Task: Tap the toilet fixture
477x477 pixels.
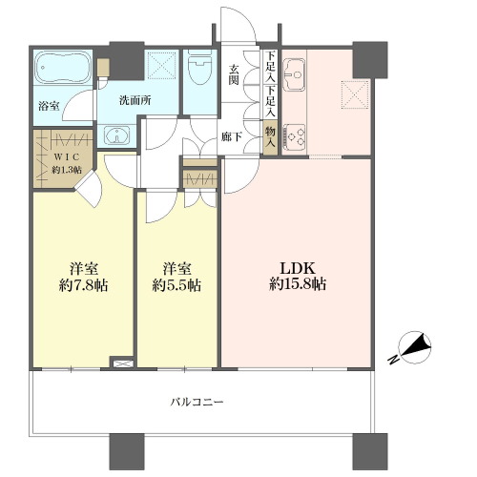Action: (x=200, y=67)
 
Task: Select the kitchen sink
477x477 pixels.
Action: (x=295, y=74)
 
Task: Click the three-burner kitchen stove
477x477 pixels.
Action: (x=295, y=136)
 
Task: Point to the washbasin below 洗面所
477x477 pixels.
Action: (x=117, y=135)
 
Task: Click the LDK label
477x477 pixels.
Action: (x=298, y=269)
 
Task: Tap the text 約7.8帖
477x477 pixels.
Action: (x=83, y=285)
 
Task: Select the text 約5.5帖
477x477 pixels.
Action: (x=176, y=285)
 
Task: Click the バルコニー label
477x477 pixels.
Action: (x=197, y=403)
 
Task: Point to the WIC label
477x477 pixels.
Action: (x=67, y=156)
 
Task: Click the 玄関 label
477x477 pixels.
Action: (x=234, y=74)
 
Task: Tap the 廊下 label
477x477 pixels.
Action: (x=232, y=136)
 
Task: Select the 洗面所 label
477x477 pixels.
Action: (x=135, y=100)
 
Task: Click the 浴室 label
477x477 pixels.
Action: (x=49, y=106)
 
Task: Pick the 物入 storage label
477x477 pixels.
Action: (x=270, y=137)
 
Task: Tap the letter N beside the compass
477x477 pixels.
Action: (x=393, y=360)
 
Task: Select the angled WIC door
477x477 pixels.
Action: (x=90, y=188)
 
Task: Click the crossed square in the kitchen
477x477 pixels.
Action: (x=355, y=94)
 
